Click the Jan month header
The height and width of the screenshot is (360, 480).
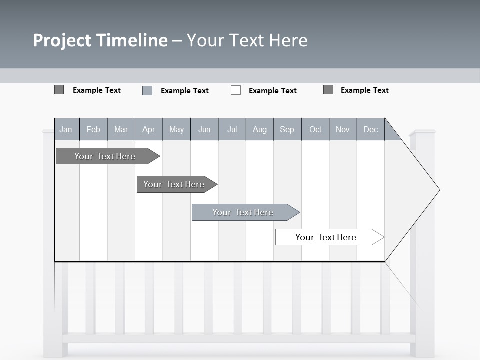(66, 130)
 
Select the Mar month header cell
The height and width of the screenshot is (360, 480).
(121, 130)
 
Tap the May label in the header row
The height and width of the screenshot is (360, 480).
(176, 130)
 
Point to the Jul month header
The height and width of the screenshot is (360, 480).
(232, 130)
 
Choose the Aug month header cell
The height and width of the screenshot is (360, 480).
(259, 130)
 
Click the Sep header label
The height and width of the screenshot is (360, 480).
(287, 130)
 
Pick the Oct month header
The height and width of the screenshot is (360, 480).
(315, 130)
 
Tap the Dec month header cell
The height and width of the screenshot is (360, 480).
(370, 130)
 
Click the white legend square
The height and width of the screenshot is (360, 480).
(236, 90)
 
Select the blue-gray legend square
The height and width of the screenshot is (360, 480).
(147, 90)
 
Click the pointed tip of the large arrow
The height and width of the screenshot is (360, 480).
(438, 190)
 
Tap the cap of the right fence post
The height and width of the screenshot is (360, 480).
(422, 133)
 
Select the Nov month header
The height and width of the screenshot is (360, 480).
(343, 130)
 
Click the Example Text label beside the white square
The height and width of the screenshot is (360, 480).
(272, 91)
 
